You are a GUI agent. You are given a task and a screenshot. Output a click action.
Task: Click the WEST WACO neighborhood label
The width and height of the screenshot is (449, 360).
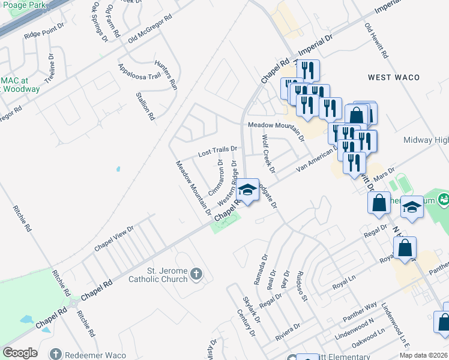(x=394, y=77)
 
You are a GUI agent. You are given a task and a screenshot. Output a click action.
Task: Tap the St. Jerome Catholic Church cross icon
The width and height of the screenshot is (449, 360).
(x=196, y=275)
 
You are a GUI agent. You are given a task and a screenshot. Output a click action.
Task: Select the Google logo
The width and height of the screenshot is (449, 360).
(x=20, y=353)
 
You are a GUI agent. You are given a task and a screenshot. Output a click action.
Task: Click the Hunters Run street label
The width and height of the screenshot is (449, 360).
(x=165, y=75)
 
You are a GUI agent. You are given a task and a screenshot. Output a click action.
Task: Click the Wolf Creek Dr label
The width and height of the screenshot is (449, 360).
(x=268, y=154)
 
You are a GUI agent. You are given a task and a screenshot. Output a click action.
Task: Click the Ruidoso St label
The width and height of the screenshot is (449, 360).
(x=301, y=286)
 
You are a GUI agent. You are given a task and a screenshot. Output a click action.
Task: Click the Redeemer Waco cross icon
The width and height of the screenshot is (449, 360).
(x=56, y=354)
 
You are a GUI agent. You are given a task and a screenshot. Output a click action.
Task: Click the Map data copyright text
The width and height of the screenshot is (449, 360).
(x=424, y=355)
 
